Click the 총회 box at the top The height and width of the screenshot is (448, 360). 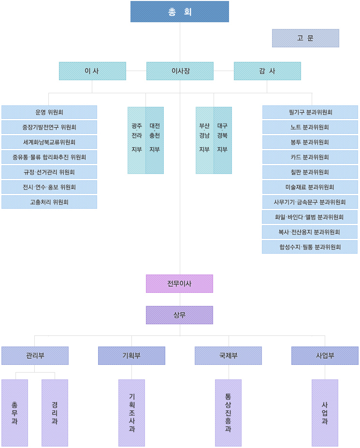click(180, 12)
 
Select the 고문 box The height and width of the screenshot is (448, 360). click(305, 38)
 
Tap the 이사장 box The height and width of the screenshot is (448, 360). click(180, 71)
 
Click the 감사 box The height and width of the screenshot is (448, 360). click(267, 71)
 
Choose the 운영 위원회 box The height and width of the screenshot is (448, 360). click(49, 112)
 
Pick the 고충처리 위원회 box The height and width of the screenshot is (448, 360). click(49, 202)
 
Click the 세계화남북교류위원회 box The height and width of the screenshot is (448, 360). click(49, 142)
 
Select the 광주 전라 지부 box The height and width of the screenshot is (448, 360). click(137, 140)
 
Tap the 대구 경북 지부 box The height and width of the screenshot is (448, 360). click(223, 140)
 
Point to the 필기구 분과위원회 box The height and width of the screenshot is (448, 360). click(310, 112)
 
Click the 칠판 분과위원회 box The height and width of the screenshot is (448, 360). click(310, 172)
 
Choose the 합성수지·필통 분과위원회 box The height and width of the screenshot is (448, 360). click(310, 247)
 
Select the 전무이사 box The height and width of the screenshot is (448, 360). click(179, 284)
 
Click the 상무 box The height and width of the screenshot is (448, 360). click(179, 315)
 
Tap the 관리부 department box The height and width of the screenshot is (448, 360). click(35, 356)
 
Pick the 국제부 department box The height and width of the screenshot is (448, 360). click(228, 356)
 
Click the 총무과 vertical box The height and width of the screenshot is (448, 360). click(14, 413)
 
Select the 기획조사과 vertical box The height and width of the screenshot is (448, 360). click(131, 413)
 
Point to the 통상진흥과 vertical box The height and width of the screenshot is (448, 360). click(228, 413)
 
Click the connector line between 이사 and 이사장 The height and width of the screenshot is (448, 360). click(136, 71)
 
